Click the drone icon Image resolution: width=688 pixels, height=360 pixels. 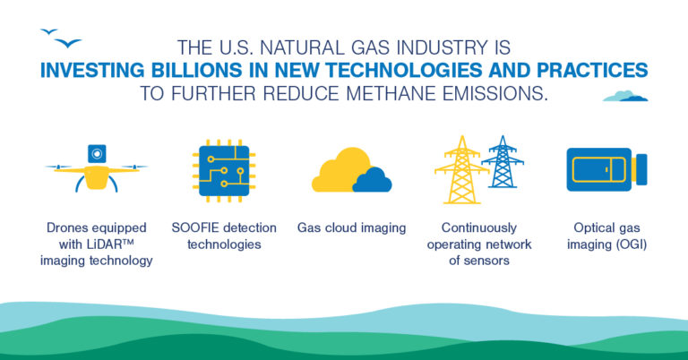(x=95, y=169)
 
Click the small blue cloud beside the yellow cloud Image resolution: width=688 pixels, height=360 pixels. (x=372, y=181)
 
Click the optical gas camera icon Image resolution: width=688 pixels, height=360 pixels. (x=606, y=169)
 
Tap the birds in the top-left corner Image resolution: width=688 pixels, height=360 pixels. (x=62, y=39)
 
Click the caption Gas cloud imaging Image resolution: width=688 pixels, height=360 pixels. (x=351, y=227)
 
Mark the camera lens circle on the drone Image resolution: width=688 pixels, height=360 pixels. (x=95, y=155)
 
